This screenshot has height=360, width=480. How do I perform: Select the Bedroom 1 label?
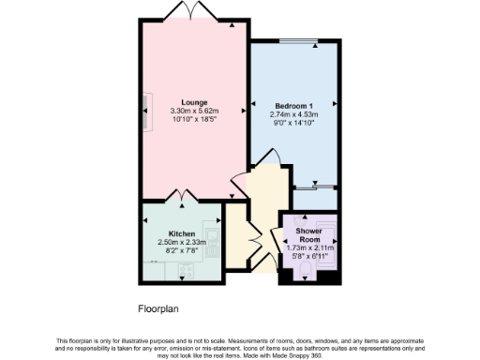point(293,106)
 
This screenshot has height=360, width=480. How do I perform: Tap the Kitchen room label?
point(181,233)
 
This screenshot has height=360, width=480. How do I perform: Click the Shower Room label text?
point(308,234)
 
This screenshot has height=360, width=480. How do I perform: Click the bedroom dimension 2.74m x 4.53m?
point(294,114)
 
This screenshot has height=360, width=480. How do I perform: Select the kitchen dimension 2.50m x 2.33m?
point(181,243)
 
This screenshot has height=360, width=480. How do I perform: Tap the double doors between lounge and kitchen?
point(181,197)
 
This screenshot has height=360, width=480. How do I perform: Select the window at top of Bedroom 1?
point(301,42)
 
